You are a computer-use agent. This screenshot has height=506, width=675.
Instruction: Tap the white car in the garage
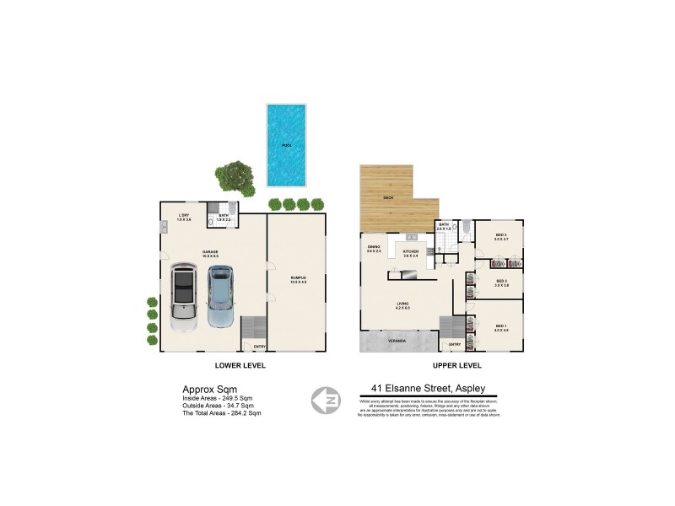point(184,297)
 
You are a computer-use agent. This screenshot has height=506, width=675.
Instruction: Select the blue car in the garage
point(220,296)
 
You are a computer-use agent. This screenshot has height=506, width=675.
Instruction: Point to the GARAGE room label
point(210,250)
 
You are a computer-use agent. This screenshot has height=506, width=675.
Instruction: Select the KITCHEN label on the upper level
point(411,250)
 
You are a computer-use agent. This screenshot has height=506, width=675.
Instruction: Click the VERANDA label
point(397,341)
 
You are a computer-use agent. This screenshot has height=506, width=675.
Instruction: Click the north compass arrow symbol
point(327,401)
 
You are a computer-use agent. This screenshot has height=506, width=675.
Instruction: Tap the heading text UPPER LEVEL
point(456,366)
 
